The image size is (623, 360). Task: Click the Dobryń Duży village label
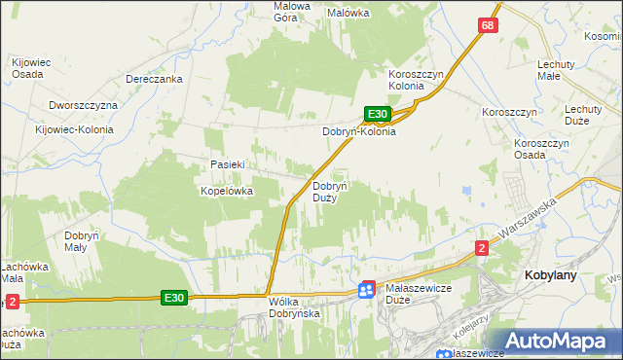324,191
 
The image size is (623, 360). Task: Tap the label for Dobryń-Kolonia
359,132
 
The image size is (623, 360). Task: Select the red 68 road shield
489,24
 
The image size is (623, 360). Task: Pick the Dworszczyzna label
82,105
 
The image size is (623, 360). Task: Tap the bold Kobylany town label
551,275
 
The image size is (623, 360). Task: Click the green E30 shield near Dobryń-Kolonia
379,114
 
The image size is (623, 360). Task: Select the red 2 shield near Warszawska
482,248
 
